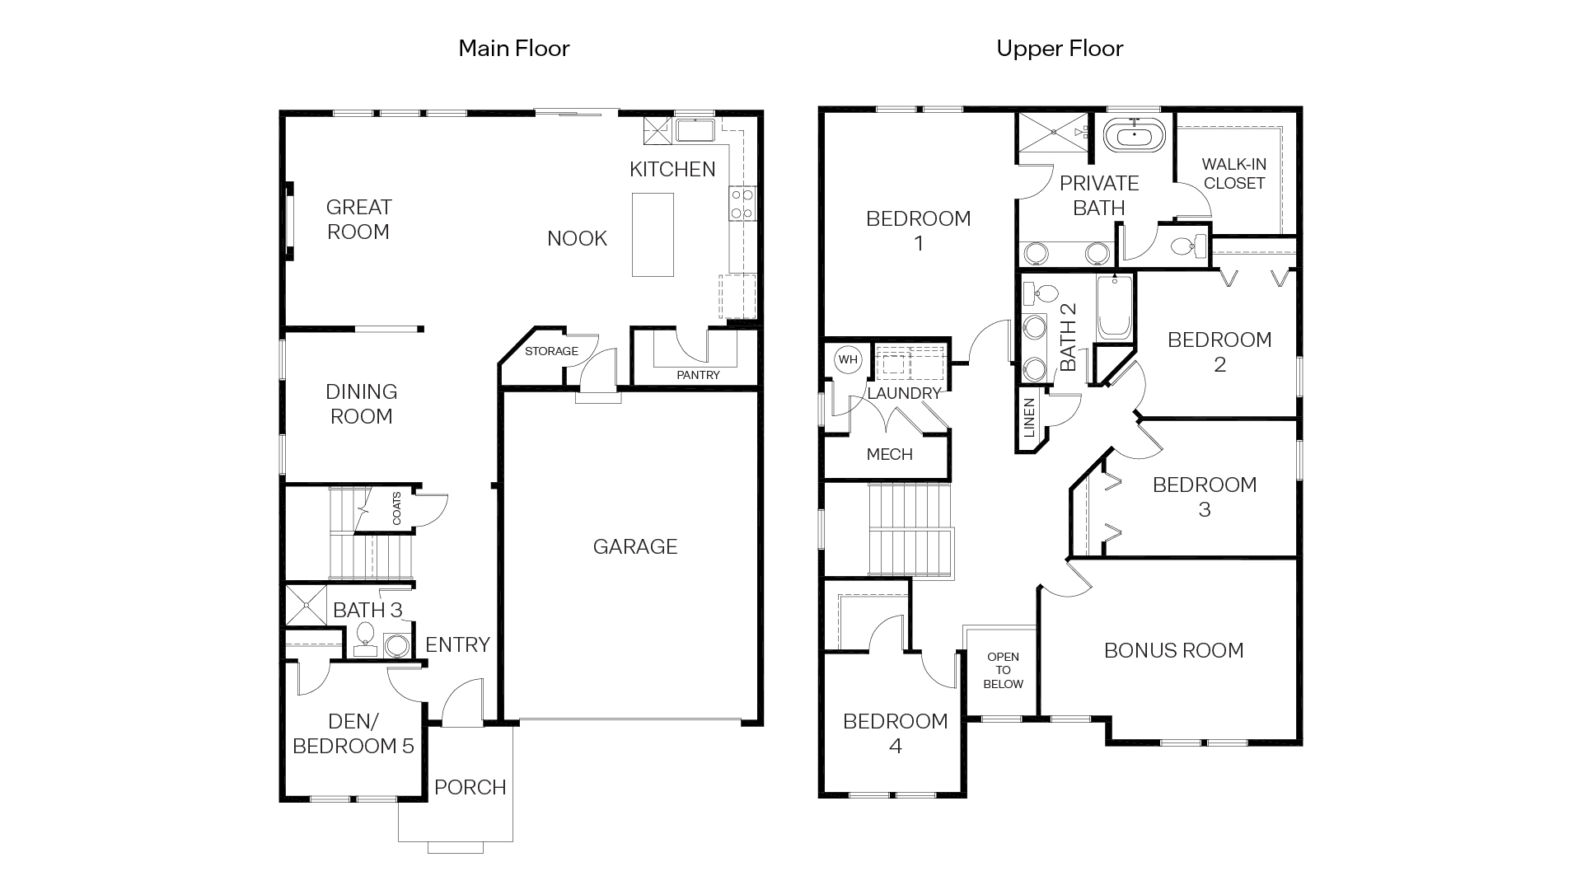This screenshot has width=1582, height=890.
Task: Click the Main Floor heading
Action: (x=513, y=49)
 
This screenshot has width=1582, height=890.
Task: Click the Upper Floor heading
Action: (x=1059, y=49)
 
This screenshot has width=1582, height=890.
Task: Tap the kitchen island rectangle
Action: (x=653, y=235)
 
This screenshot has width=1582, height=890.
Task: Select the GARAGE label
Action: (x=634, y=546)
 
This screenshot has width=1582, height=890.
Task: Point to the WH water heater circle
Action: (x=847, y=360)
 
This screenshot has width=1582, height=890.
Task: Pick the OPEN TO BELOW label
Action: (x=1003, y=670)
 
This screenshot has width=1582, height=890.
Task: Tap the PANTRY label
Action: (x=698, y=375)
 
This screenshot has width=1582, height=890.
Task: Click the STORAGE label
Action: (x=551, y=351)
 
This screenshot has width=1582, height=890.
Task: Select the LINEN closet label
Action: (x=1028, y=418)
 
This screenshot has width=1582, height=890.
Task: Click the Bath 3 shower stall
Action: (x=306, y=605)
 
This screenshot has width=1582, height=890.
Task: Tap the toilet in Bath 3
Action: (x=365, y=636)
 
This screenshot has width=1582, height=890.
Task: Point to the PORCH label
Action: (x=470, y=787)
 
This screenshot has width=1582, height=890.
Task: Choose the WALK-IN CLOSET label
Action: (x=1233, y=174)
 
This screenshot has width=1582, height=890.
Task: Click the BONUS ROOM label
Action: (x=1173, y=650)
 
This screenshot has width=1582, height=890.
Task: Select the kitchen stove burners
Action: (x=742, y=204)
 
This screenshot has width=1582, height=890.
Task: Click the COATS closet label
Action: (x=397, y=508)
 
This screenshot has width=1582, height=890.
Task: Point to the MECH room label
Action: (x=889, y=454)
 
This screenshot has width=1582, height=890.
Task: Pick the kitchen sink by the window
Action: (x=695, y=130)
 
